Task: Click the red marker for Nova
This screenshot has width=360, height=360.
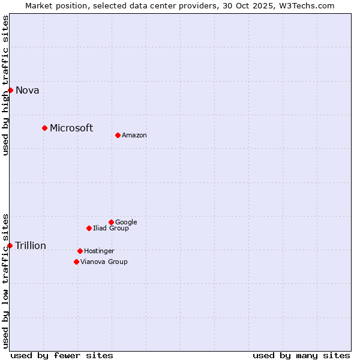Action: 10,90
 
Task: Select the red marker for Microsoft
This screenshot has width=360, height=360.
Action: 44,128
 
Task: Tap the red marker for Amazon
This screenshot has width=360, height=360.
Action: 118,135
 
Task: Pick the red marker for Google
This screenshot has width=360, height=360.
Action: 111,222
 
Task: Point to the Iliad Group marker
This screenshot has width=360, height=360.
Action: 89,228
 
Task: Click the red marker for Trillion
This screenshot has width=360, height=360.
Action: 10,245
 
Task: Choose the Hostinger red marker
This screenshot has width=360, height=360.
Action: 80,251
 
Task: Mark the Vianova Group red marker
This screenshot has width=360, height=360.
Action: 76,262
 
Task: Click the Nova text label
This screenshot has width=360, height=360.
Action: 27,91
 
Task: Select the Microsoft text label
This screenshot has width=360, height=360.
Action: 71,128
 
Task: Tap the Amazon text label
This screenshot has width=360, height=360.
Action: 134,136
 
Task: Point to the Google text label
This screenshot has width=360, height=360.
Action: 126,223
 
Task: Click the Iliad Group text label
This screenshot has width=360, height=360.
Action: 111,229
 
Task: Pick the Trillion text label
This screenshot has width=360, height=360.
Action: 31,246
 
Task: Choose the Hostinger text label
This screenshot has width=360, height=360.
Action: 99,251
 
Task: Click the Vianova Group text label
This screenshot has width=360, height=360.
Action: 104,262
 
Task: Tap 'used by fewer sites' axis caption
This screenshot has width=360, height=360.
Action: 62,355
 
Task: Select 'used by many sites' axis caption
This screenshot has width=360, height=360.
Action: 301,355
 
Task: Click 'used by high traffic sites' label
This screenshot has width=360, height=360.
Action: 5,85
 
